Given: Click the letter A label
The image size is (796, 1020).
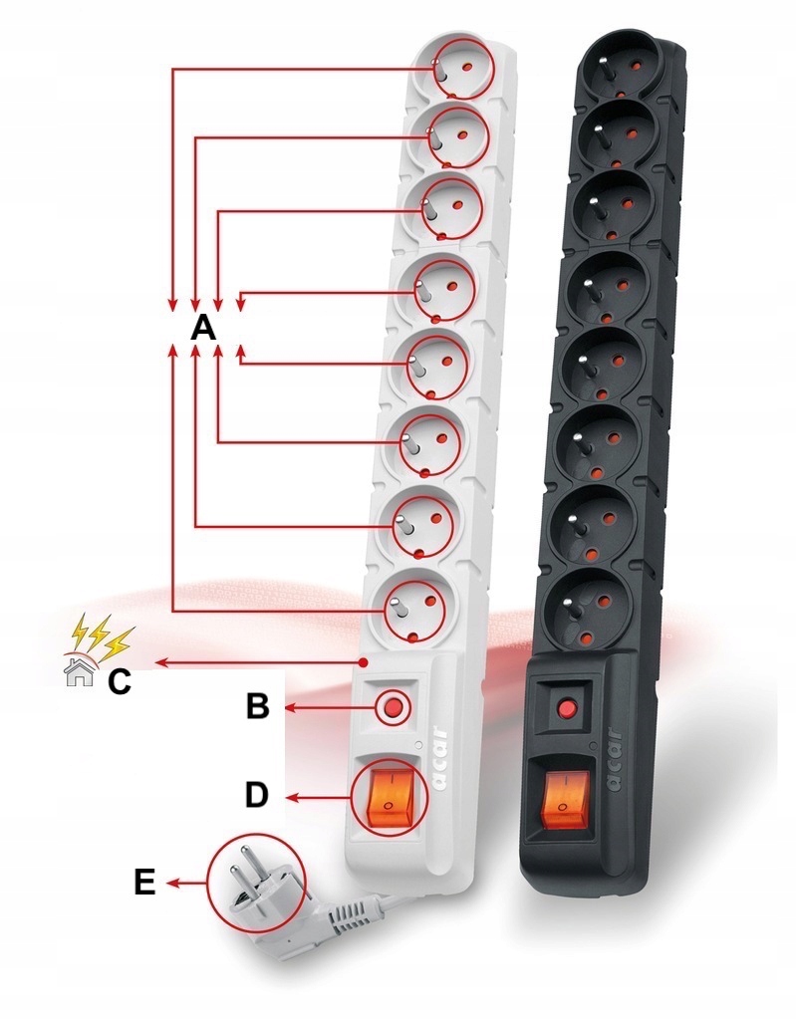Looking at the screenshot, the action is point(203,327).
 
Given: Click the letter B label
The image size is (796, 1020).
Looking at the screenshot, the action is point(257,706).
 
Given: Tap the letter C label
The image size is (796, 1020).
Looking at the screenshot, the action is point(119,681).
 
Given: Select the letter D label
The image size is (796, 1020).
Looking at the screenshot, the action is point(257,795).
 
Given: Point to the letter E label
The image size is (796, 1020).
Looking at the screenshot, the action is point(144,883).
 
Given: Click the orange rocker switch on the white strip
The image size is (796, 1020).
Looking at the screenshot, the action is point(390,796).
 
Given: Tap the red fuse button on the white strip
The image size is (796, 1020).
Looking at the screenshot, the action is point(393,707).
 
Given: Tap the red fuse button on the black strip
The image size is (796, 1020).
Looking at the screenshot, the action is point(568,709).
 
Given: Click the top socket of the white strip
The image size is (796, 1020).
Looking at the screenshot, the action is point(453,68).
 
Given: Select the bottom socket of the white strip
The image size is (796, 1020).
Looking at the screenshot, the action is point(413,604).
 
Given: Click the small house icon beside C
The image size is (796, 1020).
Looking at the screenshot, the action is point(77,674).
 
